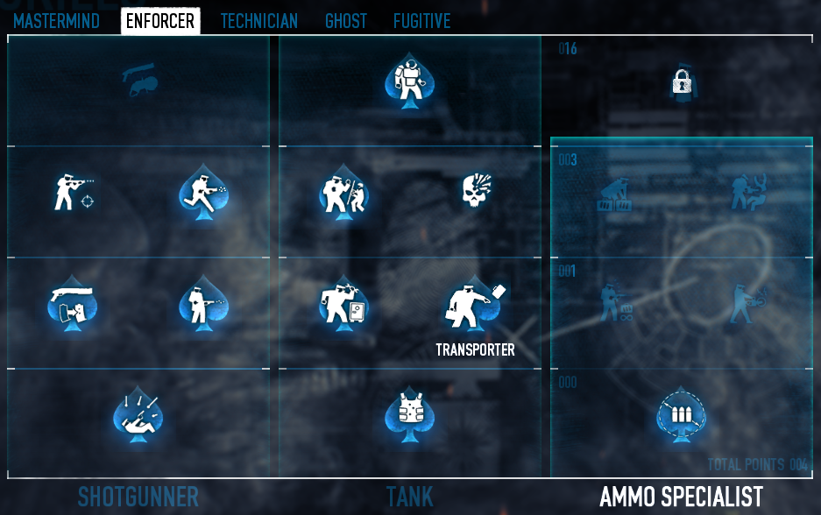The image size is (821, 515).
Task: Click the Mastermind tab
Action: [56, 21]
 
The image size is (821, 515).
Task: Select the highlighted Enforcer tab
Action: [160, 21]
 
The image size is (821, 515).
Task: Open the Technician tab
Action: [258, 21]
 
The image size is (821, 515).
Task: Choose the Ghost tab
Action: [346, 21]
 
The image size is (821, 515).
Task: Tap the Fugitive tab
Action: [421, 21]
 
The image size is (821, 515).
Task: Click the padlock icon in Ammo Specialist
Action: [682, 83]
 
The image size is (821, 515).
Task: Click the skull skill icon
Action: [476, 189]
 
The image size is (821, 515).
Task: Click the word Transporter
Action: [476, 350]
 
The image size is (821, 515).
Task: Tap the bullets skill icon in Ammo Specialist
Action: [681, 413]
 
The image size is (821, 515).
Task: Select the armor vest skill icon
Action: [409, 410]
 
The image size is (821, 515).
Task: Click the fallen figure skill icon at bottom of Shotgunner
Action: [138, 412]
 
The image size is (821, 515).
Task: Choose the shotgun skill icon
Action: [71, 303]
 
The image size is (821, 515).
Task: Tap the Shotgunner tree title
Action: [138, 497]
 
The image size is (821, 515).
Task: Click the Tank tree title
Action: [409, 497]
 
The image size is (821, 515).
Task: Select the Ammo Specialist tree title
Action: [681, 497]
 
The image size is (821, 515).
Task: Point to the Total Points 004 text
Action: [757, 465]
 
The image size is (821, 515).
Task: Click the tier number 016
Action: [568, 49]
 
